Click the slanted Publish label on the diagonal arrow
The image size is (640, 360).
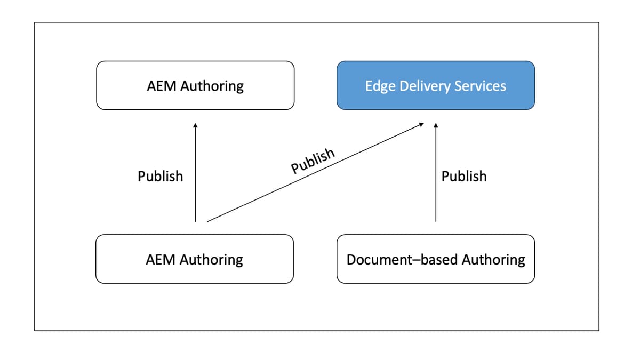pos(313,161)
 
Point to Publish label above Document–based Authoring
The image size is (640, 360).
pos(464,176)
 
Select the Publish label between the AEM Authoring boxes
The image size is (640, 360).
pos(160,176)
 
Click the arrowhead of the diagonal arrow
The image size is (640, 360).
pos(421,124)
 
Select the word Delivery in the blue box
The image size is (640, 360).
pos(421,86)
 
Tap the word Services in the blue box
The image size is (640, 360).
pos(479,86)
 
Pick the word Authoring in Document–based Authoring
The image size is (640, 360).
pos(493,260)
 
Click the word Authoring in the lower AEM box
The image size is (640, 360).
pos(211,260)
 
